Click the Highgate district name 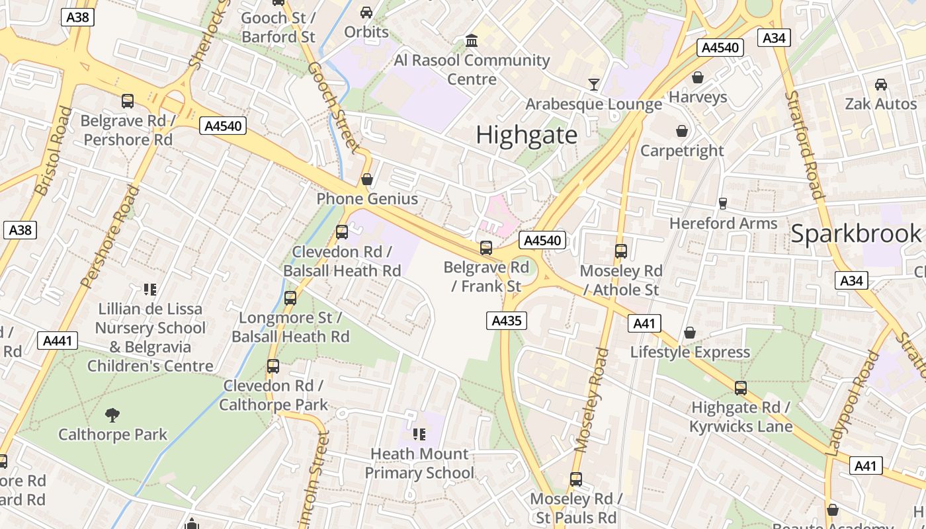pos(526,135)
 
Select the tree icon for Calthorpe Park pos(112,415)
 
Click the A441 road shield pos(58,341)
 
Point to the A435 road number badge pos(507,321)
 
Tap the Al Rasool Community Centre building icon pos(472,41)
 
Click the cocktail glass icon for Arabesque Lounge pos(594,84)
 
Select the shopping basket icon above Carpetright pos(682,131)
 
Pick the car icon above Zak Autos pos(881,85)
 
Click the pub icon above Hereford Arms pos(723,203)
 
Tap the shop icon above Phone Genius pos(367,179)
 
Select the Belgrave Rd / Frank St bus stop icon pos(486,248)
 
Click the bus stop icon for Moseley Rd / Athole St pos(620,251)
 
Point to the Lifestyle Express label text pos(690,352)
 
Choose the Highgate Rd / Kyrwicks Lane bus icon pos(741,388)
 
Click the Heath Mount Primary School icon pos(419,434)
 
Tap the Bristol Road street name pos(54,151)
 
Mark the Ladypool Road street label pos(854,403)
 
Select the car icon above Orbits pos(366,12)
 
